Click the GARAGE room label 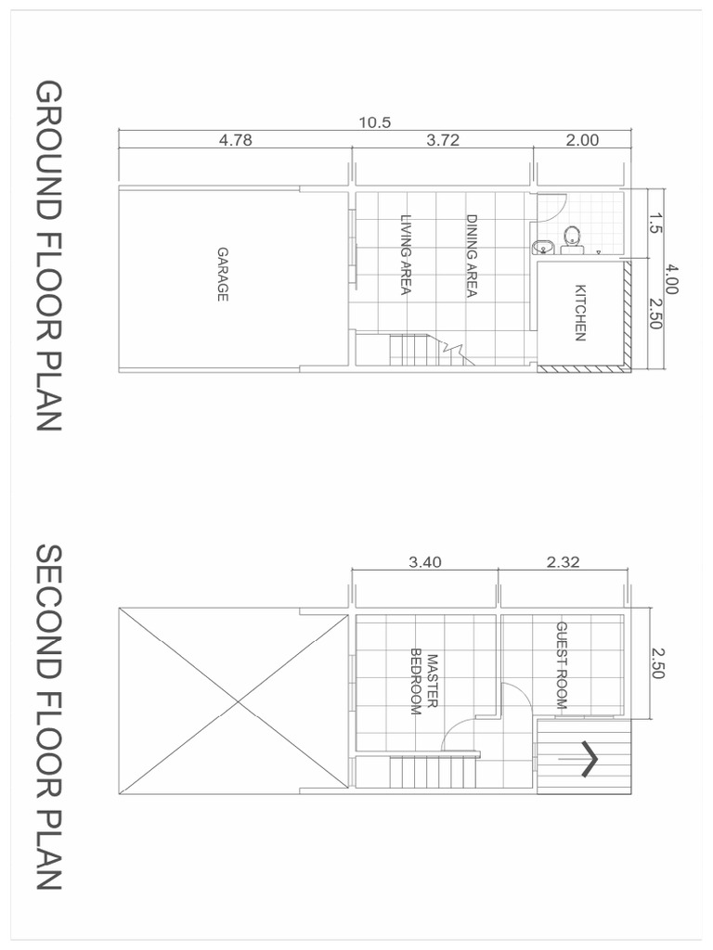223,275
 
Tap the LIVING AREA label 406,255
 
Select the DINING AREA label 471,256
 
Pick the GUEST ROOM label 561,666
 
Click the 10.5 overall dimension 374,122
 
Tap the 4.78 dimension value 235,141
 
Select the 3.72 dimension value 443,141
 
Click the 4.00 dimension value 673,278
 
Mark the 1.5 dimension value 655,223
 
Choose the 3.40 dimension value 425,561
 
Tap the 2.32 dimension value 564,561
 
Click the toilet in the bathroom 570,238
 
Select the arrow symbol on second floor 588,759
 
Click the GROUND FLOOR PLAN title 48,256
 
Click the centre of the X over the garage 234,700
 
